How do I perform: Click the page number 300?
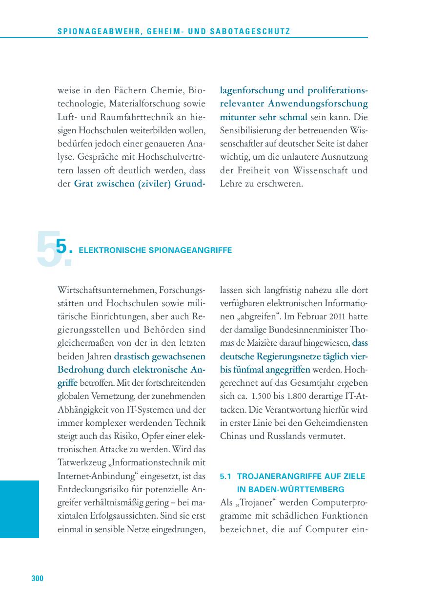(38, 579)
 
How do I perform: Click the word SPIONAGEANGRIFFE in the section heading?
(195, 251)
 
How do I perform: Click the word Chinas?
(233, 436)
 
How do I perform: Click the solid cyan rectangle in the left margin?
(19, 509)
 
